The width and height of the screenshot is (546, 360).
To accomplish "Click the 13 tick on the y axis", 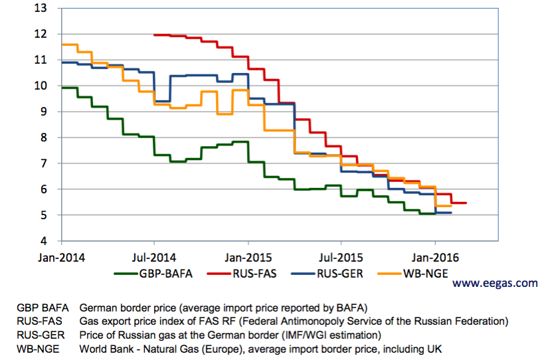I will [41, 9].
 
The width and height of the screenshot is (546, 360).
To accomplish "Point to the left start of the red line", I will [154, 35].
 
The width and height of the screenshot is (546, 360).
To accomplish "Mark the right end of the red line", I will [466, 203].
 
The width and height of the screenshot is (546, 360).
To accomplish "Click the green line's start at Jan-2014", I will [61, 88].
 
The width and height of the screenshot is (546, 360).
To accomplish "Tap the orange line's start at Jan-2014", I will [61, 45].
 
